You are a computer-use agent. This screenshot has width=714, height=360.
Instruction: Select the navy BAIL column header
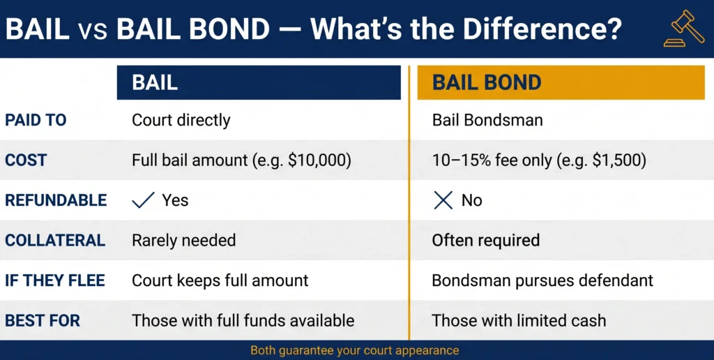click(259, 82)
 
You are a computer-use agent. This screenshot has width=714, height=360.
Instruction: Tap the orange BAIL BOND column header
click(561, 82)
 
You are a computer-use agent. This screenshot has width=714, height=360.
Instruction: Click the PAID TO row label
click(36, 120)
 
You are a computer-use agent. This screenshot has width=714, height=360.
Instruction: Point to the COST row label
click(26, 160)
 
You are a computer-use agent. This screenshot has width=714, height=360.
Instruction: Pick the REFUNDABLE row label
click(56, 200)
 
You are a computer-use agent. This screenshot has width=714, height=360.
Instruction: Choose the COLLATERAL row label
click(55, 241)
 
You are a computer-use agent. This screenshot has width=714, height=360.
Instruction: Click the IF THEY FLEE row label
click(55, 280)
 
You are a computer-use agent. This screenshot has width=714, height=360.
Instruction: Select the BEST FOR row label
click(43, 321)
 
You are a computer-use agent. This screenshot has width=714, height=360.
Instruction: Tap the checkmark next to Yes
click(143, 201)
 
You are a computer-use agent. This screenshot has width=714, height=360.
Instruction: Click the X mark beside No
click(443, 201)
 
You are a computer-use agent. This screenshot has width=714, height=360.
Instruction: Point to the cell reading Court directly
click(181, 120)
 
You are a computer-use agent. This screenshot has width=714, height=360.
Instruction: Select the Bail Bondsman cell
click(487, 120)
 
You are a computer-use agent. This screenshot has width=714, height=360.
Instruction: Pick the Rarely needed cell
click(184, 241)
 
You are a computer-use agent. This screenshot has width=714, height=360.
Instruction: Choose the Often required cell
click(486, 241)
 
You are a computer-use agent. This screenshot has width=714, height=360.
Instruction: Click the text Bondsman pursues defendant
click(542, 280)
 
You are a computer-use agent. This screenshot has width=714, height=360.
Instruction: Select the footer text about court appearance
click(355, 350)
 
